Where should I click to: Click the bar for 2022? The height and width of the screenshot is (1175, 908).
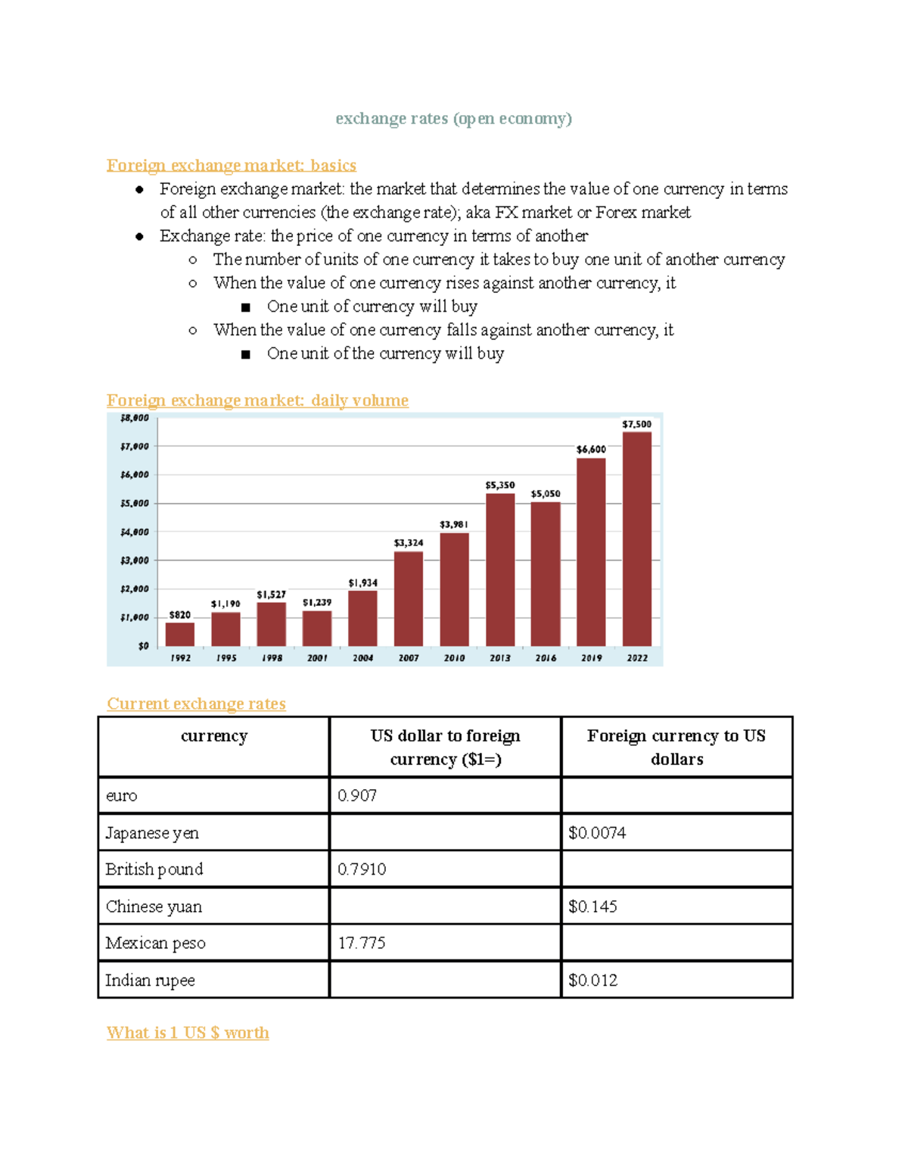pos(636,539)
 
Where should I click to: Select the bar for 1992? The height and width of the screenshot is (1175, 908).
pos(180,634)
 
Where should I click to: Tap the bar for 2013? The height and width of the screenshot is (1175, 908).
pos(500,570)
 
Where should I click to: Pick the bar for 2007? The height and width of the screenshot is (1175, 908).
pos(409,598)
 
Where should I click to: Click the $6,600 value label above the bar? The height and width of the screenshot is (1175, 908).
pos(591,449)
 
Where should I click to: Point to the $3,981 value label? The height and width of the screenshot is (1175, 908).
pos(454,524)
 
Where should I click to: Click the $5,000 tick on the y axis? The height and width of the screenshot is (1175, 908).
pos(135,503)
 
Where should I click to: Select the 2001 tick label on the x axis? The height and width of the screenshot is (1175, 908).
pos(317,658)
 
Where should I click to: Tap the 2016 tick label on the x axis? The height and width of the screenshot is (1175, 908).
pos(546,658)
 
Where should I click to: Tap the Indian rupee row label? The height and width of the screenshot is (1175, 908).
pos(150,981)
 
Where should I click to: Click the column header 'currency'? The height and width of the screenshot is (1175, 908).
pos(214,736)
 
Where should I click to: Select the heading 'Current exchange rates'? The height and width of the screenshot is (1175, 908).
pos(196,704)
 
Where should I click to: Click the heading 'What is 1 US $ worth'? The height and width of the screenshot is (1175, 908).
pos(188,1033)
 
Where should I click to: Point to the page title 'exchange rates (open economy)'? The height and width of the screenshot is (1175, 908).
pos(453,119)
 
